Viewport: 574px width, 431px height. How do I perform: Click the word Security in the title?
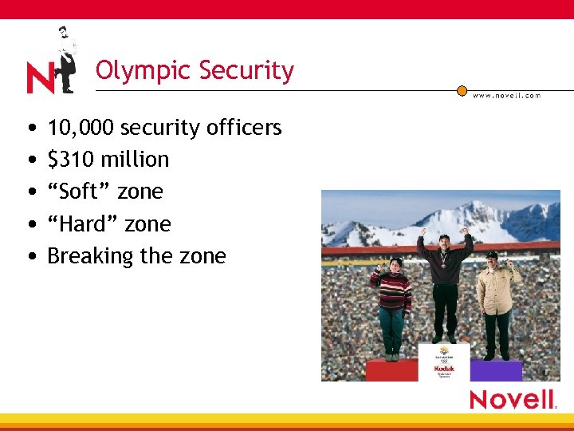coord(246,71)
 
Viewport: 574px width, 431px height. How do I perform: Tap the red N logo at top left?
coord(40,78)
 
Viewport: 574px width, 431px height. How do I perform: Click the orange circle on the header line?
coord(462,90)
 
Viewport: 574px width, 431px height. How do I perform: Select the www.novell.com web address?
coord(506,96)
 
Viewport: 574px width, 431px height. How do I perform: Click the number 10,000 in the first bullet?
coord(81,128)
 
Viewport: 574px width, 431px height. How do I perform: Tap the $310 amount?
coord(69,160)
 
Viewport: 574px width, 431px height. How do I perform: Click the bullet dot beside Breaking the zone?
coord(29,257)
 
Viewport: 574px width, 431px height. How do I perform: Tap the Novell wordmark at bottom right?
coord(513,399)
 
